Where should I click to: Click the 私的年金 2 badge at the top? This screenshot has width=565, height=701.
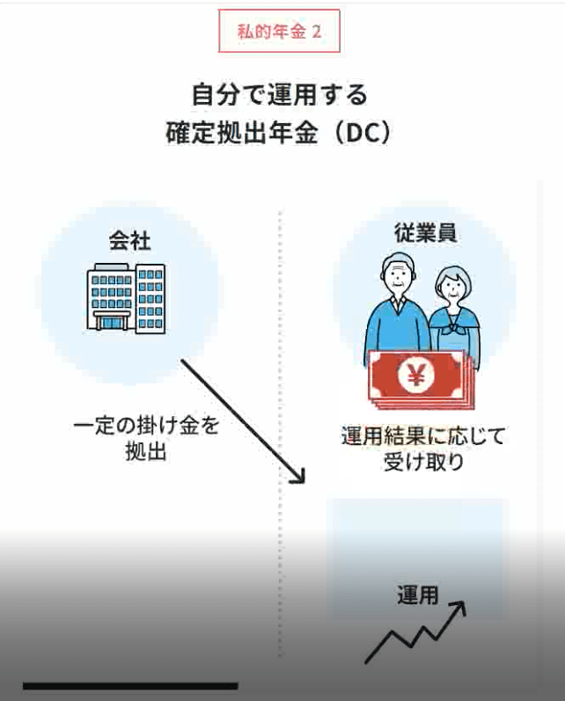[279, 33]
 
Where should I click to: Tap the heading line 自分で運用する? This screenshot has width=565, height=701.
[279, 93]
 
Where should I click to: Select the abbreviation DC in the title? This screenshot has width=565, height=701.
[361, 134]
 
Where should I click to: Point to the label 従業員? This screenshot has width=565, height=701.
[423, 235]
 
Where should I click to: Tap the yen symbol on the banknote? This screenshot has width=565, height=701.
[413, 376]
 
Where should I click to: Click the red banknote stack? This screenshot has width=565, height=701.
[415, 378]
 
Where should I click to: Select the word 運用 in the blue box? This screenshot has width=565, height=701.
[416, 595]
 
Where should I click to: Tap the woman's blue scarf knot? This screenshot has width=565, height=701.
[457, 332]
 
